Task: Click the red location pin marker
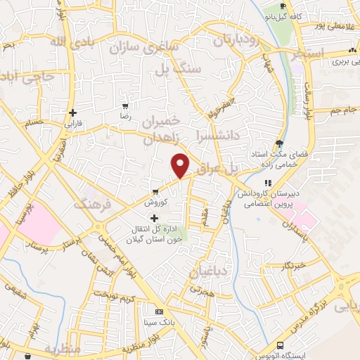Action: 181,165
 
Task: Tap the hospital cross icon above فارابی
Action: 73,112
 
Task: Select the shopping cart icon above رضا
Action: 125,105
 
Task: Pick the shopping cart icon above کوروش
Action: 155,191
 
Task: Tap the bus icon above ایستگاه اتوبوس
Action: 281,345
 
